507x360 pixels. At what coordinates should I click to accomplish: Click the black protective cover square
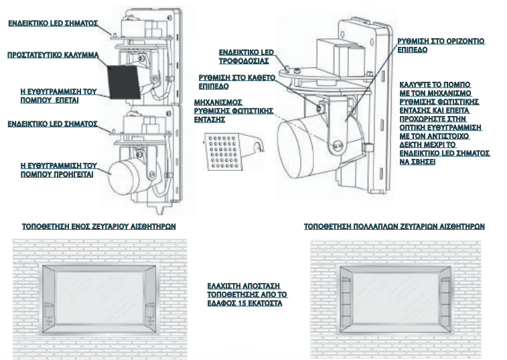(124, 82)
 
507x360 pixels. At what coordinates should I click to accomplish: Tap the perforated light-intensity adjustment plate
(224, 152)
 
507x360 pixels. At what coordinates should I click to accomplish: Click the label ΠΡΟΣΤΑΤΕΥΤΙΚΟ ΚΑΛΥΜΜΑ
(53, 55)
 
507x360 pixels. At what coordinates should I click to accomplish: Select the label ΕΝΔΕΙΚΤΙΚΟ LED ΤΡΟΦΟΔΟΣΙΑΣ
(246, 57)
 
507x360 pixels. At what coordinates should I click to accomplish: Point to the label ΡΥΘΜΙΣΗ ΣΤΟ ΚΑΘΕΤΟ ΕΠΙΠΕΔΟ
(236, 82)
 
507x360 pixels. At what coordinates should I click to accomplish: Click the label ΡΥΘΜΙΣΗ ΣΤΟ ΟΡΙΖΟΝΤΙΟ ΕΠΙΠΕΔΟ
(441, 46)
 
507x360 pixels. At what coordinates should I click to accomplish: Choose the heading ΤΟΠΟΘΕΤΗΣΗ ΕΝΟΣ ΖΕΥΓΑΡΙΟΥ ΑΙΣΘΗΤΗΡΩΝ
(98, 227)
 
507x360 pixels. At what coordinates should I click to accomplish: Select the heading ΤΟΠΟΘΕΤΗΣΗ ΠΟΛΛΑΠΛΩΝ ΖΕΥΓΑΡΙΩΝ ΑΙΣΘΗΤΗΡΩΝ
(394, 227)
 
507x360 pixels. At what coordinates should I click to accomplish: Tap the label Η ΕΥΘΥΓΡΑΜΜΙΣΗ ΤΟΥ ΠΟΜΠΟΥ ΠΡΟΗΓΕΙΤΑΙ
(59, 170)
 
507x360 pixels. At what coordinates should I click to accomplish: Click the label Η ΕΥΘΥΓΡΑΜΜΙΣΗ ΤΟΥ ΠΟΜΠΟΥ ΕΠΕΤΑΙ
(58, 96)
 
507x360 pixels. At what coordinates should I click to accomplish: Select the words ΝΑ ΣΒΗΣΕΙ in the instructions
(417, 162)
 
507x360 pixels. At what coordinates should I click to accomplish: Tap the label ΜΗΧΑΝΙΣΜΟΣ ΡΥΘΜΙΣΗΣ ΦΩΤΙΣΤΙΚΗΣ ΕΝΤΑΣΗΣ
(234, 111)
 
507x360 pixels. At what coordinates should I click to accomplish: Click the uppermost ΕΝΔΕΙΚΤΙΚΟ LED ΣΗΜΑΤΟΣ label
(53, 23)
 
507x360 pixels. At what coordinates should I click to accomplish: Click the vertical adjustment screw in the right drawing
(321, 107)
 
